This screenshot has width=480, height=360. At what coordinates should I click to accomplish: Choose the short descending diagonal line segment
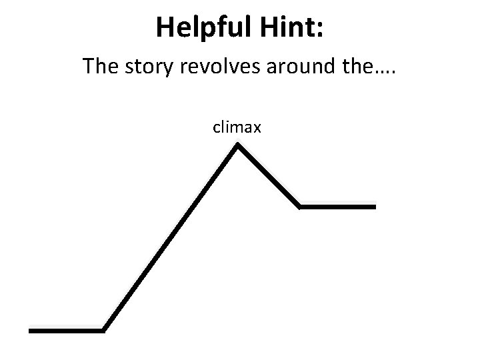click(269, 176)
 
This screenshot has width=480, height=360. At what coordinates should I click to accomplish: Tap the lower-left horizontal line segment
click(67, 329)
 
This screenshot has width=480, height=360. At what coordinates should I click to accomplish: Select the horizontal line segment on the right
click(338, 207)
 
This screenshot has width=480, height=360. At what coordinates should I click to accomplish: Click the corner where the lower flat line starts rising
click(104, 329)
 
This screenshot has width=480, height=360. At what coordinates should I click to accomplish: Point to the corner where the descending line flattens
click(300, 206)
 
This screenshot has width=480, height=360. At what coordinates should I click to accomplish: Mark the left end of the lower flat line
click(31, 329)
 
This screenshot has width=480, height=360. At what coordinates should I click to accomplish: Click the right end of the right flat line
click(375, 207)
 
